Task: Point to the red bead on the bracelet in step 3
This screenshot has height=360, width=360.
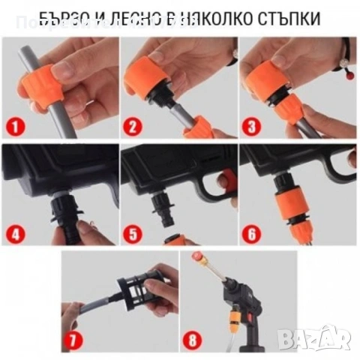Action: coord(347,76)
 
